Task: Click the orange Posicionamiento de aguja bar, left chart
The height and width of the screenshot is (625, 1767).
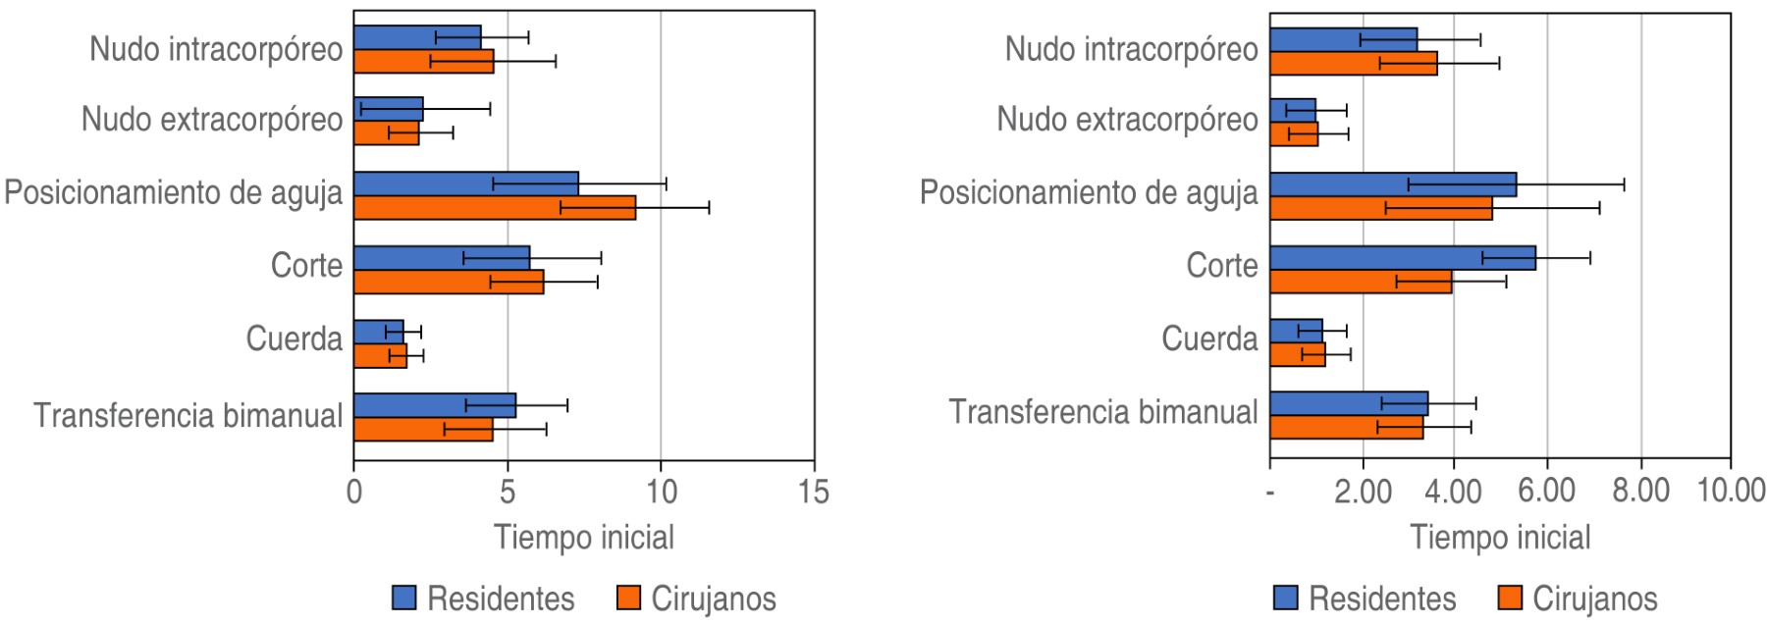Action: pos(494,208)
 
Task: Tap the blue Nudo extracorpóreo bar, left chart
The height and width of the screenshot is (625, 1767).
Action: pos(388,109)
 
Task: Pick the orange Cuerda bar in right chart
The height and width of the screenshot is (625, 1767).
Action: pos(1297,354)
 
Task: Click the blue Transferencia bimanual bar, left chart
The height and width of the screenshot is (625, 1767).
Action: pos(434,405)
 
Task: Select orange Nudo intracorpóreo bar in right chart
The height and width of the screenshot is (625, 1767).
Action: pos(1353,64)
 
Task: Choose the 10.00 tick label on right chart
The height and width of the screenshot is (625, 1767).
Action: pos(1731,491)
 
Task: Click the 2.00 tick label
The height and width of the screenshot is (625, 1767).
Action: pos(1363,491)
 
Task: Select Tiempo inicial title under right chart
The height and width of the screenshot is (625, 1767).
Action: pos(1500,538)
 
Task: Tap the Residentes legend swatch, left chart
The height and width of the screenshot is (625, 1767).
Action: pos(404,598)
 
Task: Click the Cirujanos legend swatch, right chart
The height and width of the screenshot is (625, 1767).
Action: pos(1512,598)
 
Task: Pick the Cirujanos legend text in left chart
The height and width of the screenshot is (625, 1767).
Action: pos(714,598)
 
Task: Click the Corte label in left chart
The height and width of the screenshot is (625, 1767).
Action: pos(306,265)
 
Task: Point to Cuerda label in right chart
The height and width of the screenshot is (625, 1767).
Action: pos(1209,339)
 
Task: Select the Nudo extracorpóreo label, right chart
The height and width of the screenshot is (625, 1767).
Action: pos(1127,120)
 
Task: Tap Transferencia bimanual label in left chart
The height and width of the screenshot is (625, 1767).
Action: pos(188,415)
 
